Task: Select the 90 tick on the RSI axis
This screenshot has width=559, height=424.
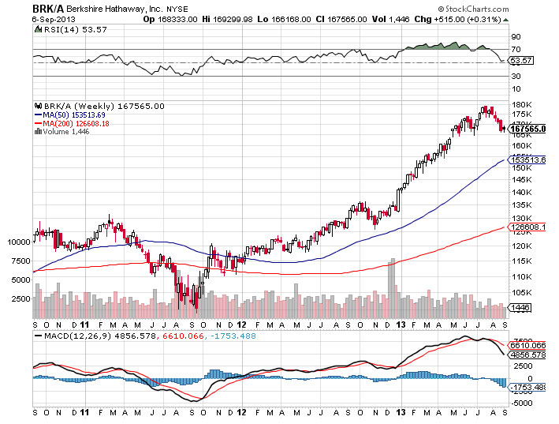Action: point(516,36)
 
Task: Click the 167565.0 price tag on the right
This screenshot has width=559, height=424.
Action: point(528,129)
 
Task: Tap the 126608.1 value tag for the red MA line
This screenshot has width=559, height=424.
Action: point(528,227)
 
